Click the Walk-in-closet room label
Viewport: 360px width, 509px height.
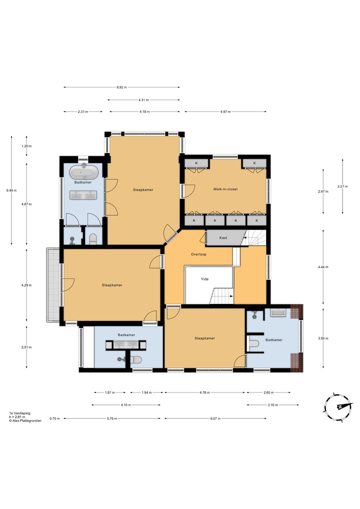[x=225, y=189]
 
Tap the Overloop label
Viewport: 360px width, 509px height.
[x=198, y=254]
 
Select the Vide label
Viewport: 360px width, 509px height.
[x=204, y=279]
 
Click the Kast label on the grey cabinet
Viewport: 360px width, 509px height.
[x=223, y=238]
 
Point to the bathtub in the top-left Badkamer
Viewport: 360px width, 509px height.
[x=83, y=172]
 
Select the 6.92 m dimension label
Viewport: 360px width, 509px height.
[x=121, y=87]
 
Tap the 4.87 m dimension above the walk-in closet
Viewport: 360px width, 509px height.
[x=225, y=111]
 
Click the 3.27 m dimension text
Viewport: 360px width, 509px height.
[x=342, y=186]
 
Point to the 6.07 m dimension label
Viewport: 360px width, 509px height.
[x=215, y=419]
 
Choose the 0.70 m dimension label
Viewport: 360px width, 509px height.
[x=54, y=419]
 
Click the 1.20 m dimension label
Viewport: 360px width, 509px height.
[x=26, y=146]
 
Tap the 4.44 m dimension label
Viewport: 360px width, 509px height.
[x=323, y=267]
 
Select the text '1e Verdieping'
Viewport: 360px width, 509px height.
[x=20, y=413]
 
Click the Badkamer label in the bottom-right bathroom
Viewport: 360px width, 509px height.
[x=274, y=340]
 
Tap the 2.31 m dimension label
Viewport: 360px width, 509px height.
[x=83, y=111]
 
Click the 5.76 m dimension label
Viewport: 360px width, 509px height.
[x=112, y=419]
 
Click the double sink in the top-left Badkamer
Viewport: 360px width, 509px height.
[x=83, y=195]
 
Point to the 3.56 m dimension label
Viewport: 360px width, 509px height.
[x=323, y=338]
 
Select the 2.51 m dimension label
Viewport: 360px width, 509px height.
[x=26, y=347]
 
